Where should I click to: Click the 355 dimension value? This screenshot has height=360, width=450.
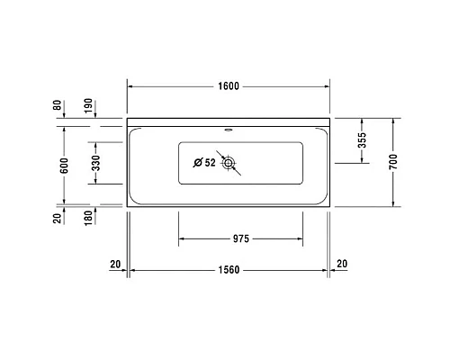pos(362,140)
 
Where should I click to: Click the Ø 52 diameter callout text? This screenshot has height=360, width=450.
pos(205,163)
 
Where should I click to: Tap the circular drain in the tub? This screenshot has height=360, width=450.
pos(229,163)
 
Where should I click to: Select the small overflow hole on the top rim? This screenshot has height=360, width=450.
pos(227,128)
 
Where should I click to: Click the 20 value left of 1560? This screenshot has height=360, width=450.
pos(114,263)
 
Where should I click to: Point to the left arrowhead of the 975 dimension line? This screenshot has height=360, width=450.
pos(183,239)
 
